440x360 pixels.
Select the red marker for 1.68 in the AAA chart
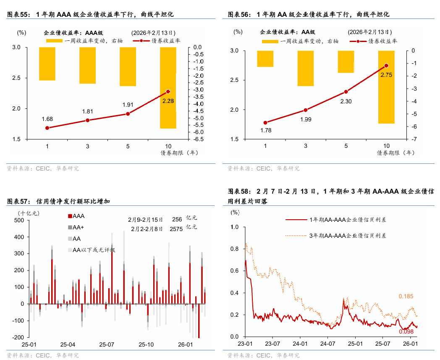coord(47,128)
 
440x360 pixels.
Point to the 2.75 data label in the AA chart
coord(386,75)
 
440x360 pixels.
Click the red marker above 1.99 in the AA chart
coord(306,110)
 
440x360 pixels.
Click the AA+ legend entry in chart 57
coord(78,228)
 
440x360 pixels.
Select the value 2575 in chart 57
coord(176,229)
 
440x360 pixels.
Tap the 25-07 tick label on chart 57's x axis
coord(106,345)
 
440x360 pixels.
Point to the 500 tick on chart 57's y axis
coord(19,220)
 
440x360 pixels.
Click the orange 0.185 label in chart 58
coord(406,296)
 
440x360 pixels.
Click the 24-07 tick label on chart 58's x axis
coord(327,344)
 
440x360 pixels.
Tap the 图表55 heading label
coord(19,14)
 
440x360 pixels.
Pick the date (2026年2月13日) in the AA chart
coord(369,32)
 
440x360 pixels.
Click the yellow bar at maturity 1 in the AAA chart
coord(47,63)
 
